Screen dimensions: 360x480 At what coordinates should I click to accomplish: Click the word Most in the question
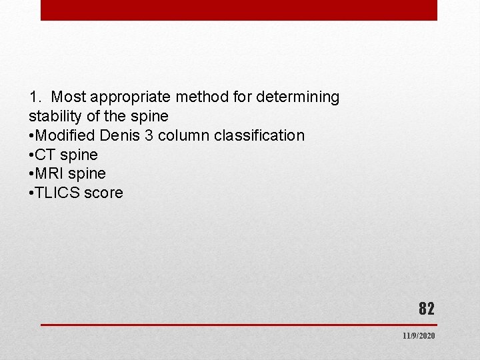pos(66,97)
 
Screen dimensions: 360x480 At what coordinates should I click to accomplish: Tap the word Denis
pos(119,135)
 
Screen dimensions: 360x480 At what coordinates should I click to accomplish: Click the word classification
pos(259,135)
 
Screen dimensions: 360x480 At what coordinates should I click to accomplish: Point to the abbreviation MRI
pos(49,174)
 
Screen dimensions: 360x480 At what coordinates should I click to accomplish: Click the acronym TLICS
pos(57,193)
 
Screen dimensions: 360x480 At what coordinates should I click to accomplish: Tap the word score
pos(103,193)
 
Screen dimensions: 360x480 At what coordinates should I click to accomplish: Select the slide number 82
pos(426,309)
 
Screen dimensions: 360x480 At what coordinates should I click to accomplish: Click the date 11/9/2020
pos(419,336)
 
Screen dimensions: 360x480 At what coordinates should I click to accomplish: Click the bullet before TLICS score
pos(31,193)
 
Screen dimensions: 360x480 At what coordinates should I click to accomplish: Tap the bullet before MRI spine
pos(31,174)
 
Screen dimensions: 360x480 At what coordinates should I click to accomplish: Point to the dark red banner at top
pos(239,10)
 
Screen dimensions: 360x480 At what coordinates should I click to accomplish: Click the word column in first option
pos(184,135)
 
